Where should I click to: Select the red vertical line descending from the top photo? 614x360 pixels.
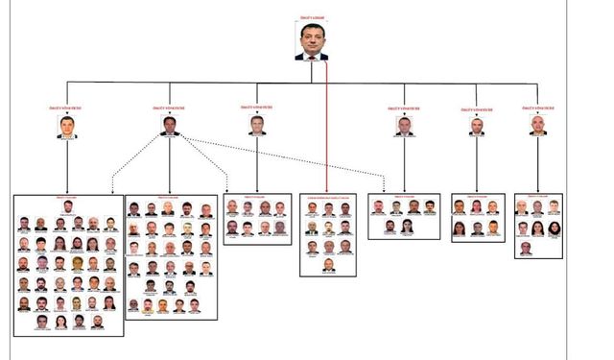[327, 125]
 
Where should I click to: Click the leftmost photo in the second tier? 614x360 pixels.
[66, 128]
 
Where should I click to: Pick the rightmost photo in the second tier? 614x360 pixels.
[537, 126]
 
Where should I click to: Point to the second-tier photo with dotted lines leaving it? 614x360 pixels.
[170, 126]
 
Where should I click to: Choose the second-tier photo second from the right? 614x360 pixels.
[477, 126]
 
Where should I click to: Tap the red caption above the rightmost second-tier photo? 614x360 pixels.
[537, 110]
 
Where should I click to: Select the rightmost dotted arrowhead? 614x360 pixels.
[384, 190]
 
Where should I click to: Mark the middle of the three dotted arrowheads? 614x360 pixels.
[226, 190]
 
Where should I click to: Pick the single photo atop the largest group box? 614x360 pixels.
[68, 208]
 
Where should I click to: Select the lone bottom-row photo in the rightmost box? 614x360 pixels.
[525, 248]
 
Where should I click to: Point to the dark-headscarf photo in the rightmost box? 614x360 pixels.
[555, 228]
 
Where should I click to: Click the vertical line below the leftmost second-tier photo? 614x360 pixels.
[66, 168]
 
